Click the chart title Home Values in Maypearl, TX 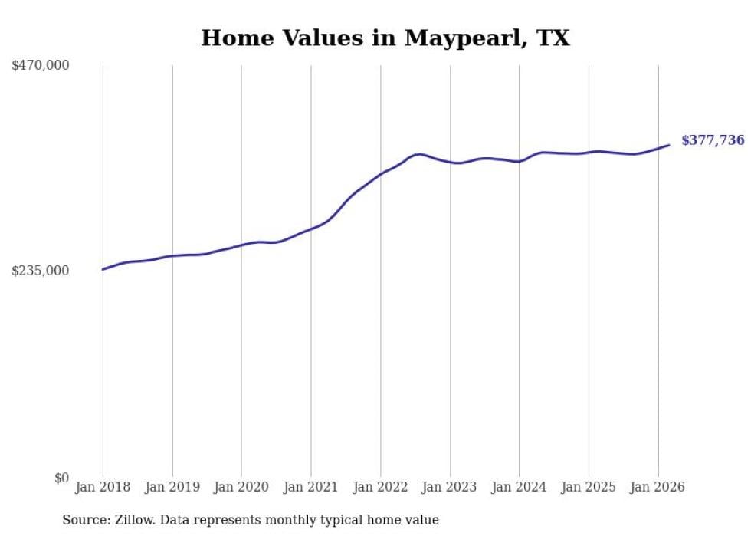coord(385,38)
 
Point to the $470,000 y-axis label coord(41,66)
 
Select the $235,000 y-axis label coord(41,271)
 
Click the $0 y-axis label coord(61,478)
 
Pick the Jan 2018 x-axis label coord(103,487)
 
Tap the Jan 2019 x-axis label coord(172,487)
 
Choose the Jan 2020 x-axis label coord(241,487)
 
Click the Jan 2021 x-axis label coord(311,487)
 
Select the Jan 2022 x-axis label coord(380,487)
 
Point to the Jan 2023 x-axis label coord(450,487)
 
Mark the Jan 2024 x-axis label coord(519,487)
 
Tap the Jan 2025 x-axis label coord(589,487)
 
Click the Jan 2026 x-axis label coord(658,487)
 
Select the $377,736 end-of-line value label coord(712,140)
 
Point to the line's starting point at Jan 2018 coord(103,269)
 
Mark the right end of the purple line coord(669,145)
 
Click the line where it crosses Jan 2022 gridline coord(380,174)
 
